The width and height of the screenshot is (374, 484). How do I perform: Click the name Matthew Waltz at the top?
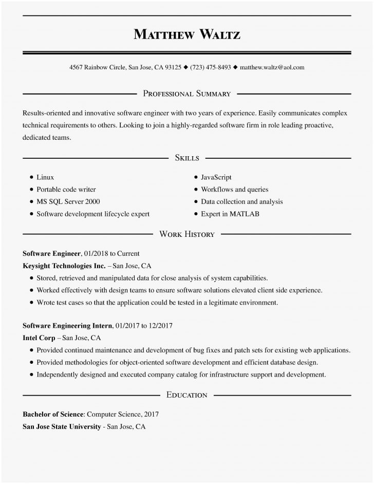[187, 34]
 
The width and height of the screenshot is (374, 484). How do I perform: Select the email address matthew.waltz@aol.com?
[272, 67]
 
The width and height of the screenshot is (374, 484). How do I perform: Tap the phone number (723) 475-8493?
[211, 67]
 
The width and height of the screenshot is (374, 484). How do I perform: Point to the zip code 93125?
[173, 67]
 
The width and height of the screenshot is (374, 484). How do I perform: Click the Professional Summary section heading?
[187, 94]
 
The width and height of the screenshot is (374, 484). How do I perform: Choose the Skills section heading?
[187, 158]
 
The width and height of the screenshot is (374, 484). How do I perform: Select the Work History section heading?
[187, 234]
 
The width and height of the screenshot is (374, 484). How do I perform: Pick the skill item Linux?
[45, 177]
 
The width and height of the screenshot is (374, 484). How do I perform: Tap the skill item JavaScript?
[216, 177]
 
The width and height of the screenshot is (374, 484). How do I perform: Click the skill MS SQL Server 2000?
[68, 201]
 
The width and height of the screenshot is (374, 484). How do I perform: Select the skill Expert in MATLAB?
[230, 214]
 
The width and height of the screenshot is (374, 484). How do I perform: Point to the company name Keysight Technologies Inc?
[64, 266]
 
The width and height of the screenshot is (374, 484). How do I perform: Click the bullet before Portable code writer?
[31, 190]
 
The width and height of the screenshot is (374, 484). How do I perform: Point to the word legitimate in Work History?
[225, 303]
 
